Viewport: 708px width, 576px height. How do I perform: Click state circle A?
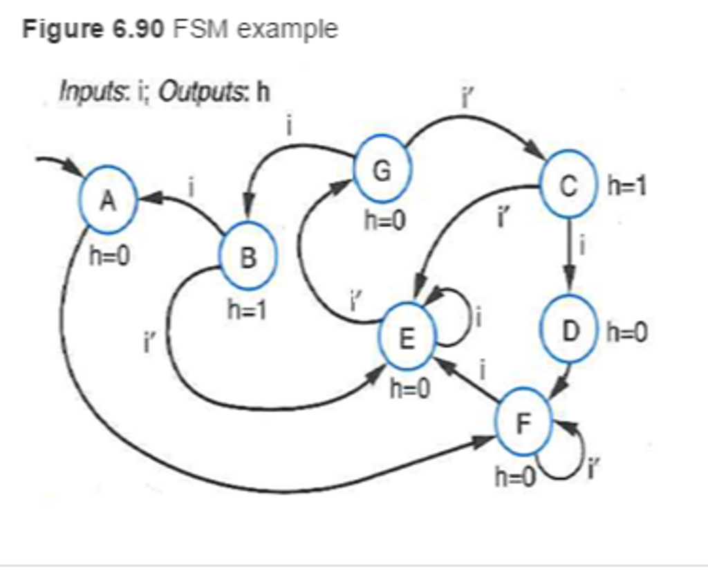coord(108,201)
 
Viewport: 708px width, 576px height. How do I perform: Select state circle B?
coord(248,257)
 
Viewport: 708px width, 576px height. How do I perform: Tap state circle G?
coord(382,169)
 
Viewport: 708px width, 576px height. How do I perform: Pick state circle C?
coord(568,185)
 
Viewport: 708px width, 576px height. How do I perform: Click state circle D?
coord(569,331)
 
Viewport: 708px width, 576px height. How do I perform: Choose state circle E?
coord(407,337)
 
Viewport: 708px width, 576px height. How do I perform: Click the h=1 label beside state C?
coord(626,185)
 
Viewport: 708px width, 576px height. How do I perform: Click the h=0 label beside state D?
coord(627,333)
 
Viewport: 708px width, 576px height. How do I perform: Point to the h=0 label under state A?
coord(109,257)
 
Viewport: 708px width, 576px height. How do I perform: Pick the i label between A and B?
coord(190,185)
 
